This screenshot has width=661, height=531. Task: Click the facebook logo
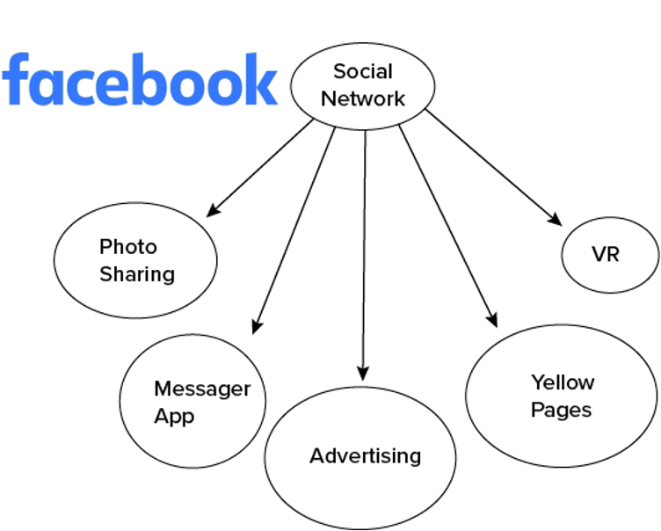(x=140, y=79)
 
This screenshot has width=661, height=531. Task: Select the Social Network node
(x=362, y=84)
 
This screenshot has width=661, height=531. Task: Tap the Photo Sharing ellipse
(x=135, y=260)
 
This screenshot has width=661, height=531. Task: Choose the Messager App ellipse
(x=192, y=403)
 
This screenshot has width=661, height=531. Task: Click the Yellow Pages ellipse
(x=561, y=396)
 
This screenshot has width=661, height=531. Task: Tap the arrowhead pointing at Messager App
(x=256, y=324)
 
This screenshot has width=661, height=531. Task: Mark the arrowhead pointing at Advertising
(x=363, y=373)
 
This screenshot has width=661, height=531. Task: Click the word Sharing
(x=137, y=274)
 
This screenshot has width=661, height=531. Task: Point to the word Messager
(x=202, y=389)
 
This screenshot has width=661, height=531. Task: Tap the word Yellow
(x=563, y=382)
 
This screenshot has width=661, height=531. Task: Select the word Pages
(x=561, y=411)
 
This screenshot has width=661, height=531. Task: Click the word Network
(x=363, y=98)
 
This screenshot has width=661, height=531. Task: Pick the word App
(x=174, y=417)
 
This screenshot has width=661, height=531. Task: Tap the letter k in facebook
(x=261, y=78)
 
